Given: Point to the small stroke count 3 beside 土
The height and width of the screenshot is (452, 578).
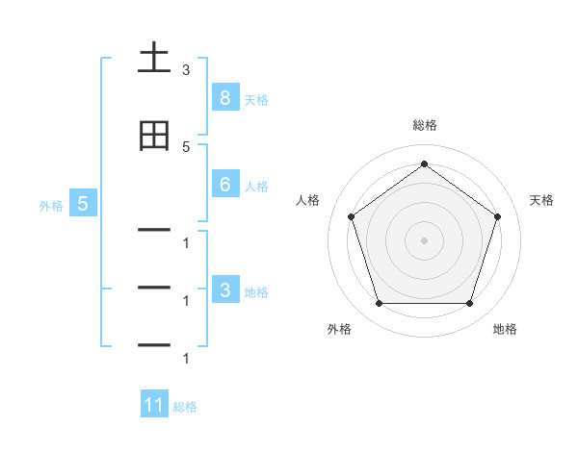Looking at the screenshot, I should (x=186, y=70).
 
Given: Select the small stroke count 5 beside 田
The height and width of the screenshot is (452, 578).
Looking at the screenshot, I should (x=186, y=146).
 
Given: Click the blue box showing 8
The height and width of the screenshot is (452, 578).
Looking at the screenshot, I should (x=224, y=97).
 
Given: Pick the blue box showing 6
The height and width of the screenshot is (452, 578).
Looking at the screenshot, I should (x=224, y=185).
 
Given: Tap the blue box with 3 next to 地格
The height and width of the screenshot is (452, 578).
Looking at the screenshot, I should (x=224, y=290).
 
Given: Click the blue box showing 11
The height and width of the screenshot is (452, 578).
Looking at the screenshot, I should (x=154, y=405).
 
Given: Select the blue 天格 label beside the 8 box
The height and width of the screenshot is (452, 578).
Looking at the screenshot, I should (x=256, y=99).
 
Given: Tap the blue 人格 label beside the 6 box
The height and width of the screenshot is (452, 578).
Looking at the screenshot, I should (x=256, y=187).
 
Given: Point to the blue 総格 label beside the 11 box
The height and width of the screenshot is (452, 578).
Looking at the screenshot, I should (x=185, y=407).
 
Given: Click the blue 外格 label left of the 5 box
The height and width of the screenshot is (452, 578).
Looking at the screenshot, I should (x=51, y=205).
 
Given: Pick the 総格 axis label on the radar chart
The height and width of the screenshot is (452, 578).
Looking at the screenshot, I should (x=424, y=125).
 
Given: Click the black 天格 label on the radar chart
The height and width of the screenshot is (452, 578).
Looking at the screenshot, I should (x=541, y=200).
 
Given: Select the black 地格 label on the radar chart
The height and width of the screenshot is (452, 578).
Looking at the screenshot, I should (x=505, y=329).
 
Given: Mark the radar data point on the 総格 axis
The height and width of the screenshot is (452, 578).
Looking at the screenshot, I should (x=424, y=163).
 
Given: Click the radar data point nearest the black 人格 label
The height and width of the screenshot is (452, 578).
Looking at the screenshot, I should (x=351, y=216).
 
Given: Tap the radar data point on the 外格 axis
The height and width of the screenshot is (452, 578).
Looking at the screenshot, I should (x=379, y=304).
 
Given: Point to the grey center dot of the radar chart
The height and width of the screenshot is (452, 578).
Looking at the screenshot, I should (x=424, y=239).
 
